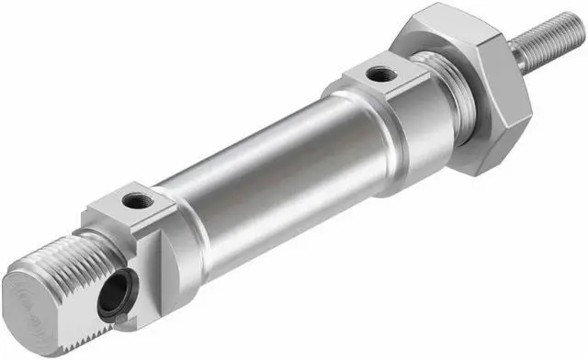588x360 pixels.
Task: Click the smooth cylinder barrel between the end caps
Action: (266, 184)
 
